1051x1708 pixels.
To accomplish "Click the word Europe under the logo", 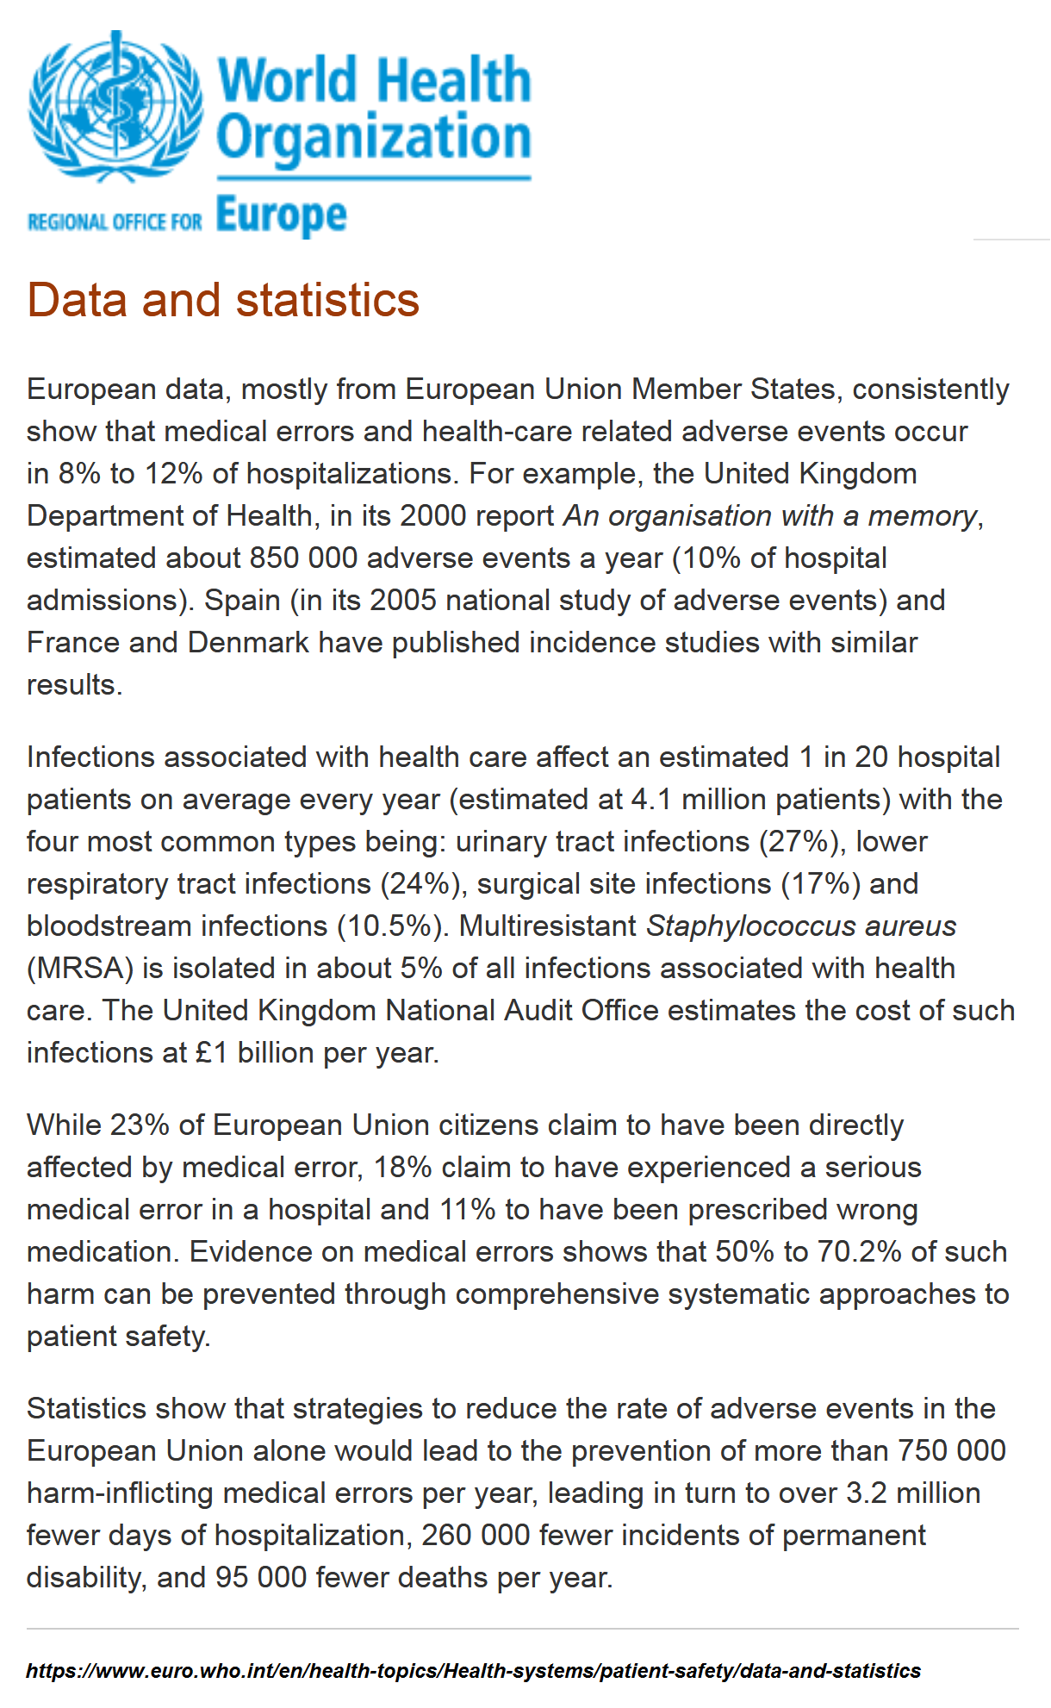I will (281, 215).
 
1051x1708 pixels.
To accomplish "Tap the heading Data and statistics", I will (223, 300).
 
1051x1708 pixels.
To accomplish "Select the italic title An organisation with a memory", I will (771, 515).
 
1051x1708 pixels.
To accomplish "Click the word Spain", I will (242, 600).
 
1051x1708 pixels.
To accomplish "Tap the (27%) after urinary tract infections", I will (799, 841).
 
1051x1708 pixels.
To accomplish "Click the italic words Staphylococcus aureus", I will (801, 926).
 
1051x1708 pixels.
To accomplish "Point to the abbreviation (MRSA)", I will (80, 968).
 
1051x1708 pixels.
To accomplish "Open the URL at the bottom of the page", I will (473, 1670).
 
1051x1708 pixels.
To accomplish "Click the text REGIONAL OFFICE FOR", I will (115, 222).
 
